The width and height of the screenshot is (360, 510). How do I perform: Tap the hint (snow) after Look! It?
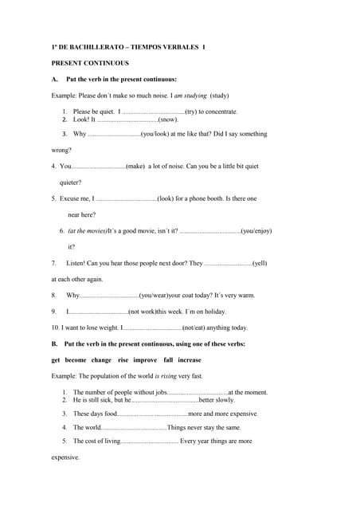(x=168, y=120)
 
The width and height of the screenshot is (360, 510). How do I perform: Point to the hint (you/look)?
(x=162, y=134)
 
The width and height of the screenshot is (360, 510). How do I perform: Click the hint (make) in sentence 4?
(x=135, y=166)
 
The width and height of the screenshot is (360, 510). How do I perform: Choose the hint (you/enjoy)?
(x=256, y=230)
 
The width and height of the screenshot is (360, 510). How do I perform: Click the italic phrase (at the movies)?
(x=88, y=230)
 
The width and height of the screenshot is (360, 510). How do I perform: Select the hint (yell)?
(x=260, y=262)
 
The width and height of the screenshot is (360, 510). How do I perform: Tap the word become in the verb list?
(x=76, y=359)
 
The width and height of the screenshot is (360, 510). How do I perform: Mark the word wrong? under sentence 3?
(x=61, y=150)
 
